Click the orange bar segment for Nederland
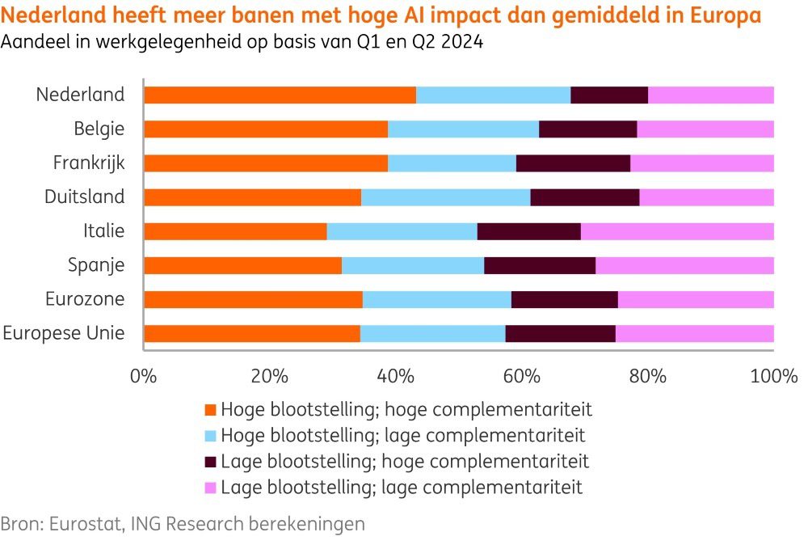tap(280, 95)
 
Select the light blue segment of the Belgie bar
tap(463, 129)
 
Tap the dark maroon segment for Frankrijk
tap(573, 163)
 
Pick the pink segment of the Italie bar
tap(677, 231)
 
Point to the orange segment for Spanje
tap(242, 265)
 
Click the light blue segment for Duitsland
tap(445, 197)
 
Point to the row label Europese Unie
tap(65, 333)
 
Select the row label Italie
tap(104, 231)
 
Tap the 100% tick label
tap(774, 376)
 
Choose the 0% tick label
tap(144, 376)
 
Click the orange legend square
tap(211, 410)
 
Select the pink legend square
tap(211, 488)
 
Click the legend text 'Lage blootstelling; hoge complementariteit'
tap(404, 462)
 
